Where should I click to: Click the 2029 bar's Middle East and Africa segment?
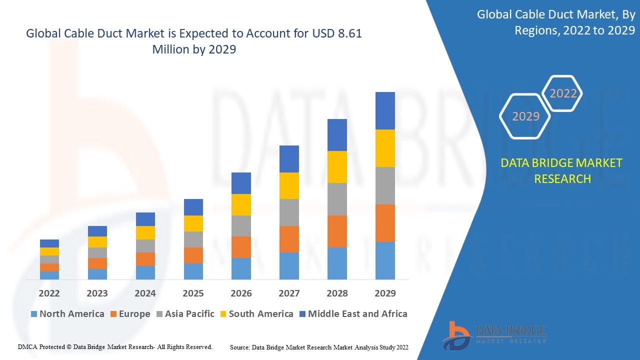(x=385, y=110)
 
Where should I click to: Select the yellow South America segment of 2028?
(x=337, y=166)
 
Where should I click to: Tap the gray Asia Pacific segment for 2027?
(x=289, y=212)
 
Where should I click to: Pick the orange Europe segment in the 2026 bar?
(x=241, y=247)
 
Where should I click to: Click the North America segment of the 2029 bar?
(x=385, y=260)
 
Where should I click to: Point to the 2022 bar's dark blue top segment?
(x=49, y=243)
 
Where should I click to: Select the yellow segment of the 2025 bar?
(x=193, y=223)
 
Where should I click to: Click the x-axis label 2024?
(x=145, y=293)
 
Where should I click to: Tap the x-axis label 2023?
(x=97, y=293)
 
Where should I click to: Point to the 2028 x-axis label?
(x=337, y=293)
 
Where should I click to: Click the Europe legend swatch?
(x=114, y=314)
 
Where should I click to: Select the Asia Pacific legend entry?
(x=185, y=314)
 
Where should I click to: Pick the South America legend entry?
(x=256, y=314)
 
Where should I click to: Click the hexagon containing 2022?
(x=563, y=93)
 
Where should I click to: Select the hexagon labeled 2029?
(x=525, y=116)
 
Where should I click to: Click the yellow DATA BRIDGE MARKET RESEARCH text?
(x=562, y=170)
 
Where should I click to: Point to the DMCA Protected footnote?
(x=115, y=346)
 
